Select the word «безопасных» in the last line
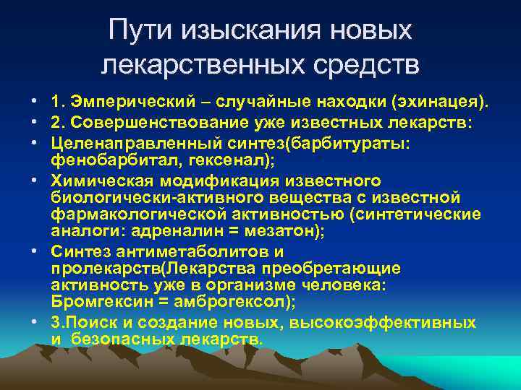coord(115,338)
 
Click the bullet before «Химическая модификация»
coord(35,181)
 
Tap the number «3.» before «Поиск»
coord(59,322)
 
